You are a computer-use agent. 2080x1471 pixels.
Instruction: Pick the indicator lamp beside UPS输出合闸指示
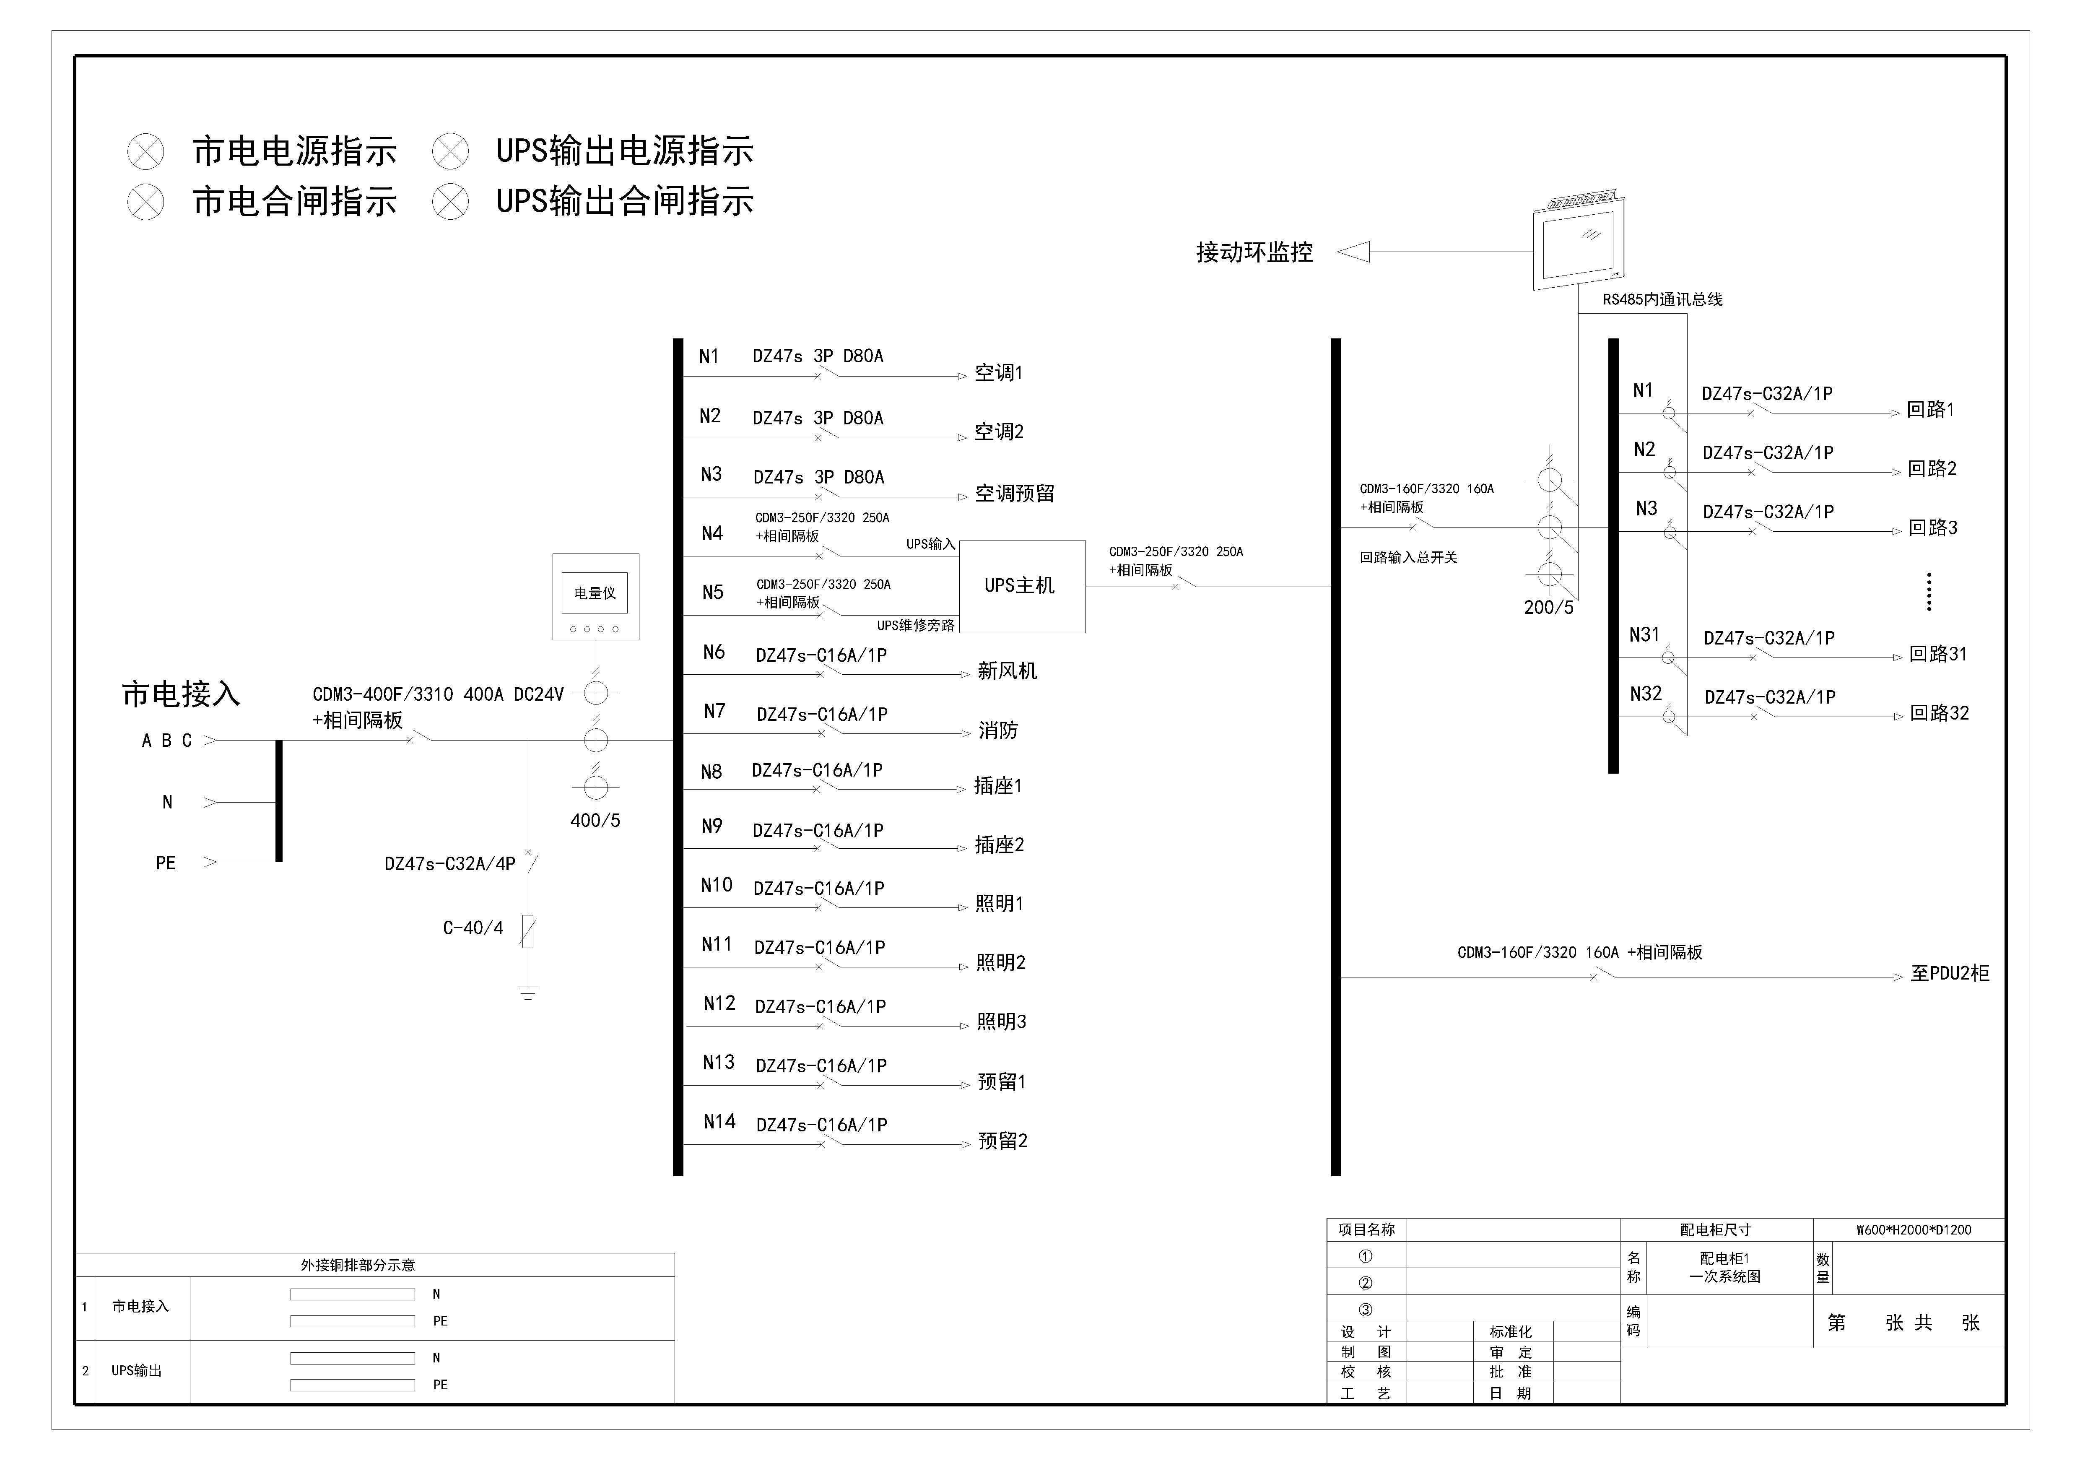tap(450, 201)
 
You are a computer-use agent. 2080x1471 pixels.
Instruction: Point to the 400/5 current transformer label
tap(595, 821)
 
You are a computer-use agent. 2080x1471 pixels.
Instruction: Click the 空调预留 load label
tap(1015, 494)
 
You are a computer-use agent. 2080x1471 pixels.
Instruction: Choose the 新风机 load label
tap(1008, 671)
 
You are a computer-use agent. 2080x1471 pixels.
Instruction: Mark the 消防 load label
tap(998, 730)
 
